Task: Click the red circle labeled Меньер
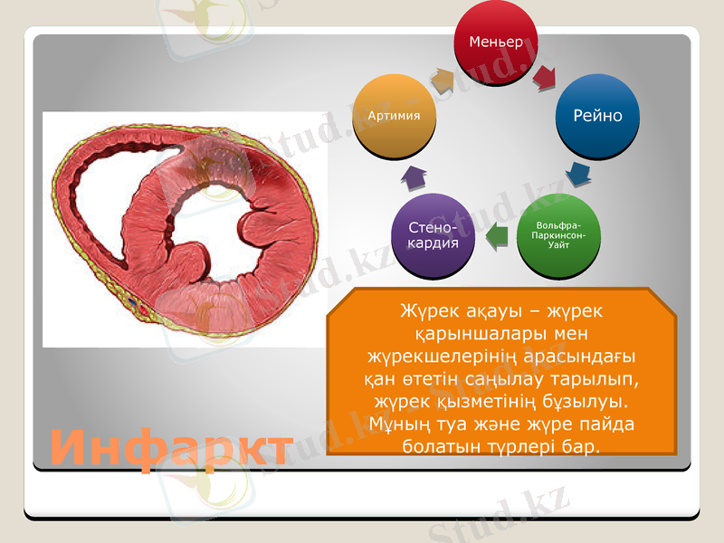pos(496,43)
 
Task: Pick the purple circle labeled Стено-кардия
pos(433,236)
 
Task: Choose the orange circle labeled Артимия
pos(395,116)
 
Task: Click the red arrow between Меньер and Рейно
pos(545,78)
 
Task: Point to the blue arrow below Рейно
pos(577,171)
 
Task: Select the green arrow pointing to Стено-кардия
pos(495,237)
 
